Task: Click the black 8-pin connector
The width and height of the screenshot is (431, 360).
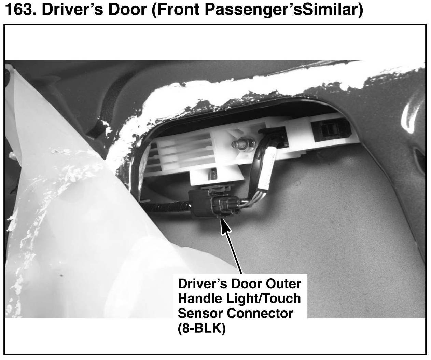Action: pos(215,204)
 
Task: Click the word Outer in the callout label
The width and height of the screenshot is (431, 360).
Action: pos(283,284)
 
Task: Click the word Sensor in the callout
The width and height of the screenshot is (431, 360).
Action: pos(200,313)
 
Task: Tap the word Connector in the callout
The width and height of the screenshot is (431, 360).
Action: pos(260,313)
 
